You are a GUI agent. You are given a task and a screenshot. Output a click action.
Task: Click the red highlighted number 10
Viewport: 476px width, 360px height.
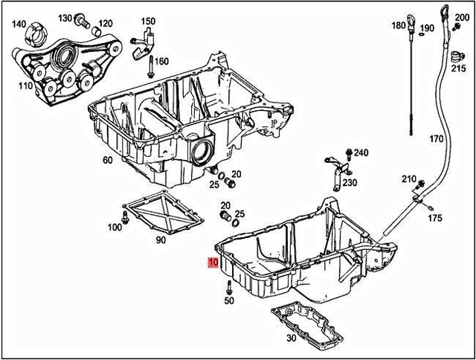click(x=213, y=263)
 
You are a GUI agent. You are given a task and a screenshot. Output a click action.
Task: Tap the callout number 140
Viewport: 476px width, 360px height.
click(x=19, y=24)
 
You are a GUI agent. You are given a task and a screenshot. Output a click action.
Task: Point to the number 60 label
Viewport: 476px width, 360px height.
click(x=107, y=160)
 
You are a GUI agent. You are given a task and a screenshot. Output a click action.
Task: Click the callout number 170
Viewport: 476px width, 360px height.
click(x=436, y=139)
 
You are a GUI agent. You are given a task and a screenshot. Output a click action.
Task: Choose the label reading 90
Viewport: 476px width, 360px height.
click(x=160, y=240)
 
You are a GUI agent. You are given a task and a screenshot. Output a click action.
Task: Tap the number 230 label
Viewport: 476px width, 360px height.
click(x=350, y=182)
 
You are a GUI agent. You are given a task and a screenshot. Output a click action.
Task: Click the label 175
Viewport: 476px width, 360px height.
click(x=435, y=218)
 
